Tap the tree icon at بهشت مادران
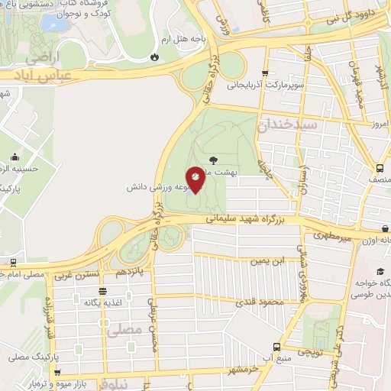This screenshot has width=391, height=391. pos(212,160)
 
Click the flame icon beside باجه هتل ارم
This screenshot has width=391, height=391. pos(155,57)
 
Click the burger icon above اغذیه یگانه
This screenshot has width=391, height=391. pos(102,291)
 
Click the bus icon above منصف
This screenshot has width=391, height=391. pos(380,169)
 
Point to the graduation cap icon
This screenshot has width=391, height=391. pos(380,272)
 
